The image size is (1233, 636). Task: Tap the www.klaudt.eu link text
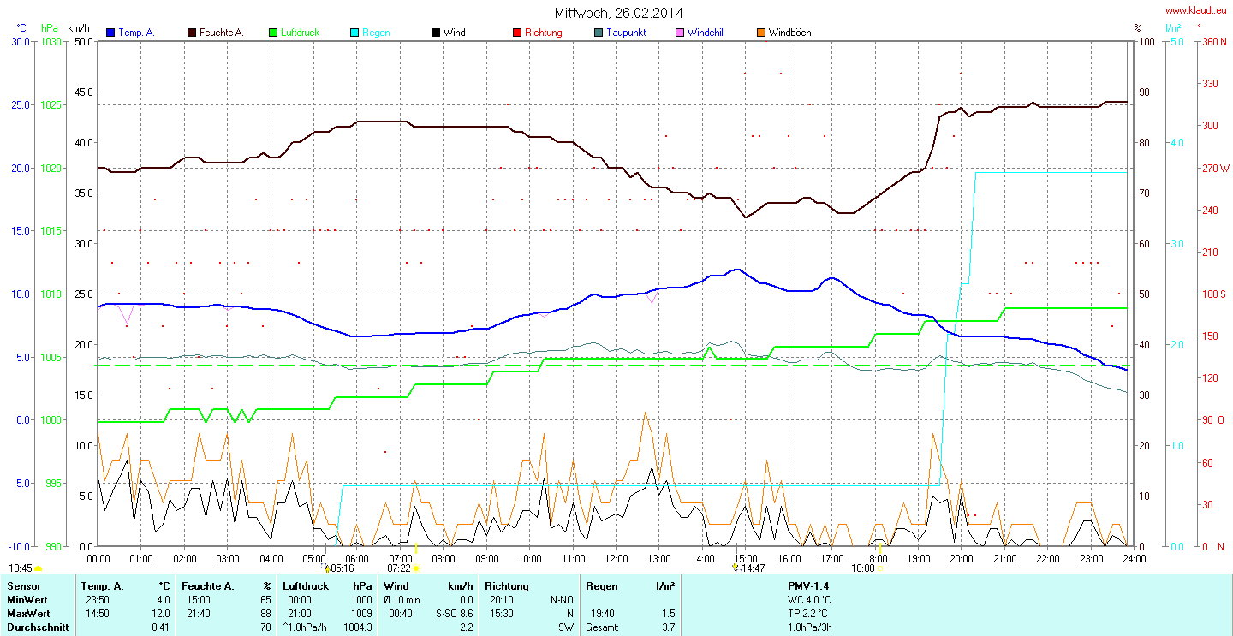pos(1195,10)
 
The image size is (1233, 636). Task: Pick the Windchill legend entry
pos(706,33)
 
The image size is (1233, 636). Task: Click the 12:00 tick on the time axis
pos(616,558)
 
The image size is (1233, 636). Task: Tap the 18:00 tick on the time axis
pos(875,558)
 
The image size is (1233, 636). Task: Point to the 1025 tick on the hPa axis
pos(52,104)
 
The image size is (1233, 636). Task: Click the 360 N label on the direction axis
pos(1213,41)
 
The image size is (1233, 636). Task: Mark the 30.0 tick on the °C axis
pos(19,41)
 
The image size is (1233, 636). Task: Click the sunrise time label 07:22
pos(399,568)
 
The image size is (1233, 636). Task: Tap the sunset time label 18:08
pos(863,568)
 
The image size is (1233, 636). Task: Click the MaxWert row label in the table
pos(28,614)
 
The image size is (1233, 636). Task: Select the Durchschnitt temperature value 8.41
pos(159,627)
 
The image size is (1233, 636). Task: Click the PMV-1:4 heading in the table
pos(808,586)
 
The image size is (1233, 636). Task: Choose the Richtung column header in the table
pos(507,586)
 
